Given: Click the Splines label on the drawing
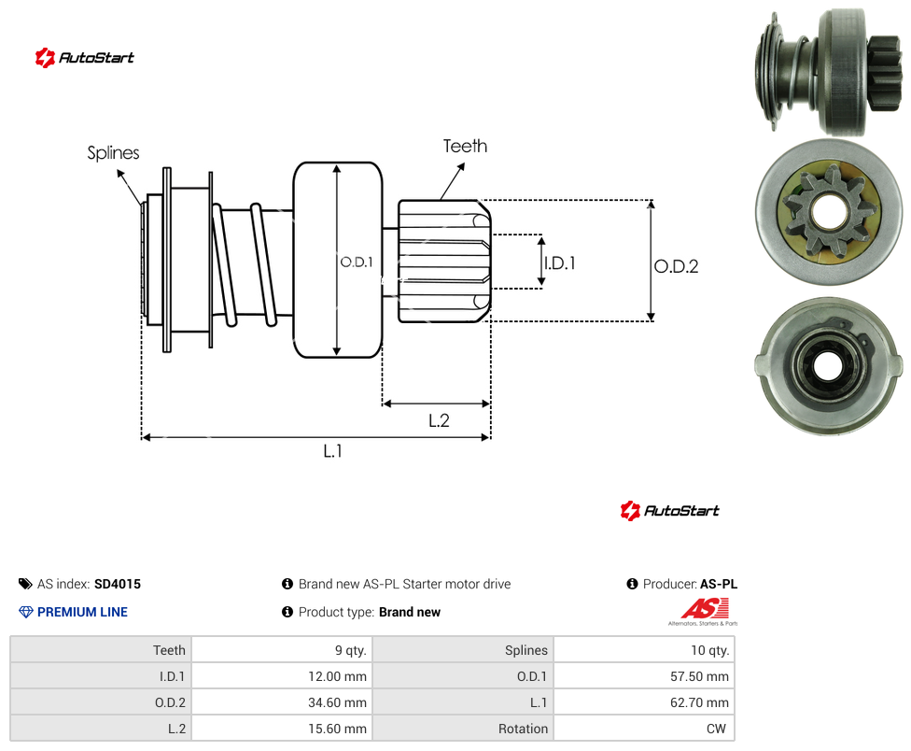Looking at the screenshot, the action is [x=113, y=153].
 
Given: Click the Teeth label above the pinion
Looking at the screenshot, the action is [x=465, y=146].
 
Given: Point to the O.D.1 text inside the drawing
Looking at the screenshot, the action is [x=357, y=262].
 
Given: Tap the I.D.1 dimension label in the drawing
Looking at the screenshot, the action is [x=559, y=263].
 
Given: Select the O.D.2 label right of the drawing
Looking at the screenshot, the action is [x=676, y=266].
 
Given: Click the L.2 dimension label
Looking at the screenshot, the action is [x=439, y=420].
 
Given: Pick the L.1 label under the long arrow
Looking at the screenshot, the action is [x=332, y=450].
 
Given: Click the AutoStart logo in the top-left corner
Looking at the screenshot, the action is [x=84, y=58].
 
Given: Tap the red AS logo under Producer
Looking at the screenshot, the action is [x=704, y=612].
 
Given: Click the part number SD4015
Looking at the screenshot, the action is [x=118, y=584].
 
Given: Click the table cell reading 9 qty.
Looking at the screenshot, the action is [x=283, y=650].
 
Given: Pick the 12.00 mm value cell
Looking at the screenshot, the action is [x=283, y=676].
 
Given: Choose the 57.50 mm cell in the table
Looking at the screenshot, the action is [x=644, y=676].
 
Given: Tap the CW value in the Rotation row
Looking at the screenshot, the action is [x=644, y=729].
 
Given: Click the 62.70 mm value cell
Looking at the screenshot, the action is [x=644, y=702].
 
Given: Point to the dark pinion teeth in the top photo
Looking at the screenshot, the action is [x=883, y=73].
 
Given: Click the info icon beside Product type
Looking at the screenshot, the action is [x=287, y=612].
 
